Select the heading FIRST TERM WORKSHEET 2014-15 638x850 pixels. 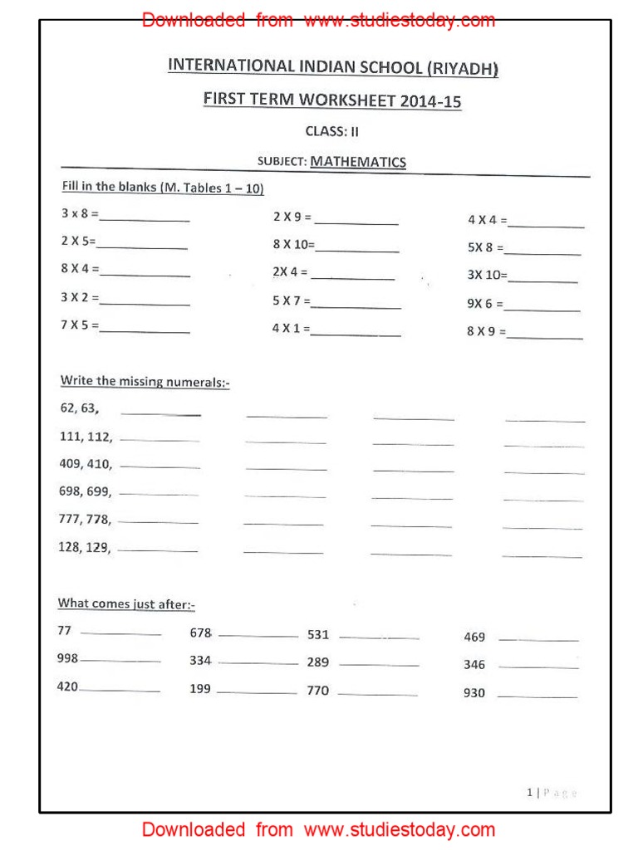click(x=332, y=100)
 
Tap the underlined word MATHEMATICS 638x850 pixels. click(x=358, y=162)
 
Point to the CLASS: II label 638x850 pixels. click(x=332, y=131)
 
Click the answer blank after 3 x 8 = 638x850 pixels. click(x=145, y=219)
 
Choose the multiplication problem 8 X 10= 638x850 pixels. click(x=294, y=245)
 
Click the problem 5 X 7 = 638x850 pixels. click(x=291, y=301)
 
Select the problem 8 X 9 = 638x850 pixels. click(x=486, y=331)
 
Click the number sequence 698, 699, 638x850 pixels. click(x=85, y=491)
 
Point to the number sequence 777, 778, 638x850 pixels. click(x=85, y=520)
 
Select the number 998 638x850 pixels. click(x=67, y=658)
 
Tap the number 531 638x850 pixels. click(x=318, y=634)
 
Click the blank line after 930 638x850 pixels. click(x=537, y=696)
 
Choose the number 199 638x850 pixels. click(x=200, y=689)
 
